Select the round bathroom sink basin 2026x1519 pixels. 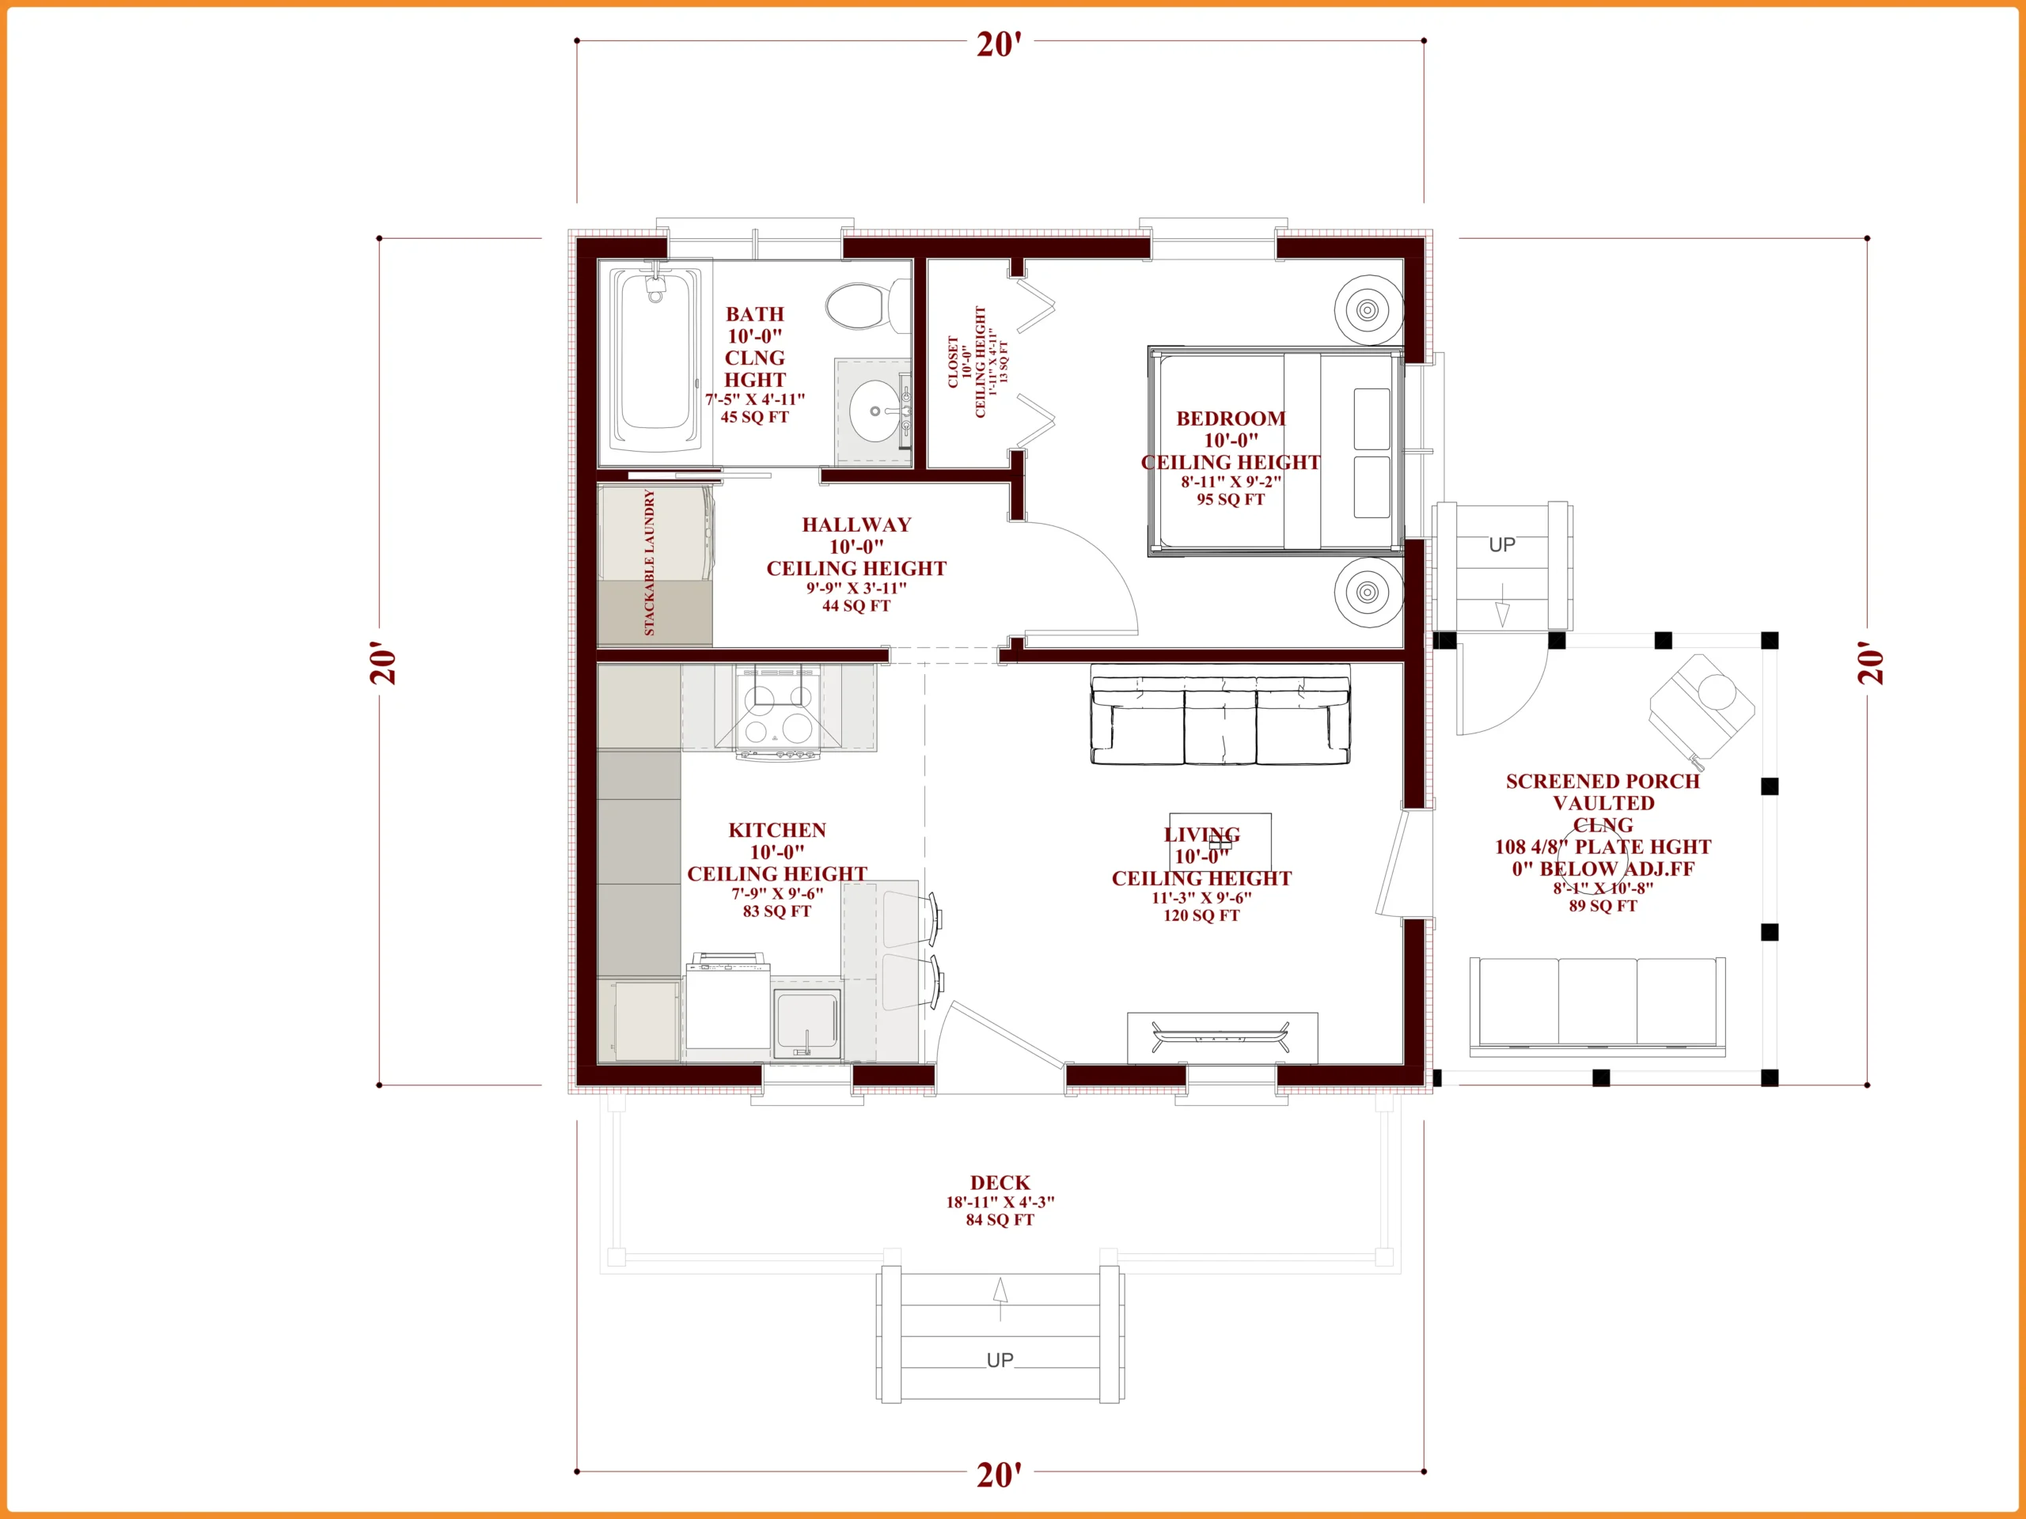[875, 411]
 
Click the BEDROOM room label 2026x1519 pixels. [1231, 419]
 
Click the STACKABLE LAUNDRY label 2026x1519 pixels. [650, 563]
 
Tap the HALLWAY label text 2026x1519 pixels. [856, 525]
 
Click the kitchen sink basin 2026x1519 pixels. [806, 1023]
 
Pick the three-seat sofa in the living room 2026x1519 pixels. [1220, 720]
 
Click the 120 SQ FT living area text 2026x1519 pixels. [1201, 915]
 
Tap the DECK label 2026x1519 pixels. [1000, 1183]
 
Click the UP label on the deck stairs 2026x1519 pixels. [1000, 1361]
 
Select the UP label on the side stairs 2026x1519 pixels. [1502, 545]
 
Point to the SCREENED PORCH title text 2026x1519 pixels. [1603, 781]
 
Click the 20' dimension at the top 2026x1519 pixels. [1000, 44]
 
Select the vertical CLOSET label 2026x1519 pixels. [954, 362]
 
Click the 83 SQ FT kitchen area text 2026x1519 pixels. [776, 912]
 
